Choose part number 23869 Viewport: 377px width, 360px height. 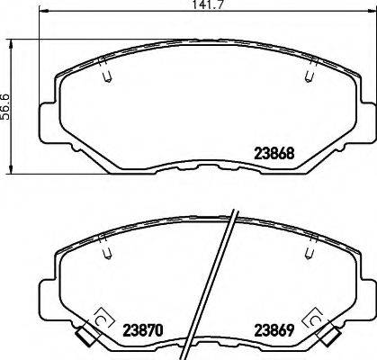click(274, 330)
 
